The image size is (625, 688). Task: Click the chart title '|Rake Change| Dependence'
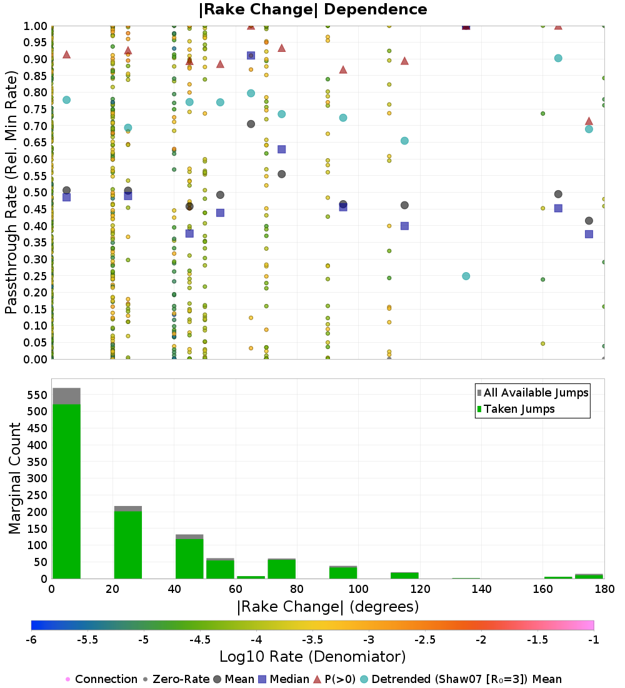pyautogui.click(x=312, y=9)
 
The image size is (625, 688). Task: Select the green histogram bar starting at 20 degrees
pyautogui.click(x=127, y=544)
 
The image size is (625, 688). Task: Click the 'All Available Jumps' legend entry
pyautogui.click(x=536, y=393)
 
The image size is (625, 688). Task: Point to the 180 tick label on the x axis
pyautogui.click(x=603, y=589)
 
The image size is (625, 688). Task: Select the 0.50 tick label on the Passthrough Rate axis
pyautogui.click(x=35, y=193)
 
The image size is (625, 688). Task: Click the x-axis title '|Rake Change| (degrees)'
pyautogui.click(x=327, y=607)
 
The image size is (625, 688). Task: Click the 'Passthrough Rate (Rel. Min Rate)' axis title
pyautogui.click(x=12, y=193)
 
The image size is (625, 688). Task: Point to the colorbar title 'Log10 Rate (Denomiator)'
pyautogui.click(x=312, y=657)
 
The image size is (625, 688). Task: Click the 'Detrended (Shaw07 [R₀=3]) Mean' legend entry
pyautogui.click(x=466, y=679)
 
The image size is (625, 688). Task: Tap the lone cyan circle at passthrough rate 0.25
pyautogui.click(x=466, y=276)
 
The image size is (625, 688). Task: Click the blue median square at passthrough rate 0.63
pyautogui.click(x=281, y=149)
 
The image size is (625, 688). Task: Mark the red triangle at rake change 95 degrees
pyautogui.click(x=342, y=69)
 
